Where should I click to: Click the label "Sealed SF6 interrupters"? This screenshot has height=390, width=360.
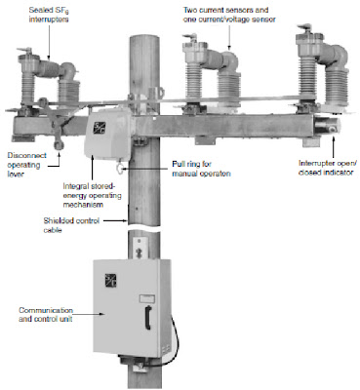(49, 16)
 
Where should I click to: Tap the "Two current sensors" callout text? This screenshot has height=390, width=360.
(225, 10)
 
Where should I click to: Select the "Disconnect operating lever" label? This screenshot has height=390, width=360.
(26, 165)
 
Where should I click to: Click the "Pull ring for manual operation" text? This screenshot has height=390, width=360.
(201, 169)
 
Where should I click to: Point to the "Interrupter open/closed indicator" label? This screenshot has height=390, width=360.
(326, 168)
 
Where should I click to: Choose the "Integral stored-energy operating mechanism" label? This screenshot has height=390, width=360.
(92, 196)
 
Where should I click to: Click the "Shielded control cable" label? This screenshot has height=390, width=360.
(71, 225)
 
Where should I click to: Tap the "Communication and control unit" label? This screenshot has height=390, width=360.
(46, 315)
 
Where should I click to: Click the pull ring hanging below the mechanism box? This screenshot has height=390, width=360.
(119, 169)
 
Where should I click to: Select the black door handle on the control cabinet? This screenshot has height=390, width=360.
(148, 318)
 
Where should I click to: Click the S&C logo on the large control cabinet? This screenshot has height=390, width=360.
(110, 281)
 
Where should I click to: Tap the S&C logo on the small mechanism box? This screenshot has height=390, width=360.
(98, 126)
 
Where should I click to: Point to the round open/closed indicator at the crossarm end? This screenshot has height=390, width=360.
(332, 129)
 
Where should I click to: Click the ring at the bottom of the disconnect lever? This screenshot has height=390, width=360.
(59, 144)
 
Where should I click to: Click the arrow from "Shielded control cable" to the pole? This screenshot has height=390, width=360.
(115, 221)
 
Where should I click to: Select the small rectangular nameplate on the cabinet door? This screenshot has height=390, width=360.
(147, 299)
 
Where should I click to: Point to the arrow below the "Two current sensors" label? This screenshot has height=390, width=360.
(229, 37)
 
